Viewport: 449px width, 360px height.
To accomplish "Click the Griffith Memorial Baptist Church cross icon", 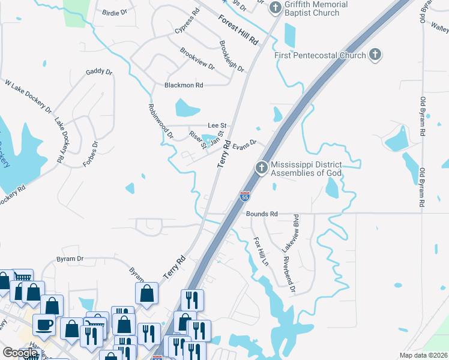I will [276, 8].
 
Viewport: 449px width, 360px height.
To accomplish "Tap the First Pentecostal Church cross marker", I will [375, 55].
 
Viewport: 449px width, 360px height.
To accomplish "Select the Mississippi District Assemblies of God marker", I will [261, 168].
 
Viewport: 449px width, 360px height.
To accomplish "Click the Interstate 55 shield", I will [244, 196].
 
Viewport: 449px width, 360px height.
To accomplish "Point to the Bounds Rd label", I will [261, 214].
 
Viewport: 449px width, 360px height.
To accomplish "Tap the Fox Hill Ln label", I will [261, 251].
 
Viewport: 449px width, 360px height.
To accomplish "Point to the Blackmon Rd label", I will [184, 86].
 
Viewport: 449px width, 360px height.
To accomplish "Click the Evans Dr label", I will [244, 144].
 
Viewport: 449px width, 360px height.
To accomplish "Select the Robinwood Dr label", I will [160, 120].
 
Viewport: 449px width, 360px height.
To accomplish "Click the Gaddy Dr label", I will [99, 71].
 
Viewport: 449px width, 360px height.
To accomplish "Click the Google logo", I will [20, 353].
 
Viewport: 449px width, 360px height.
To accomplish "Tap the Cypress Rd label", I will [187, 21].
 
